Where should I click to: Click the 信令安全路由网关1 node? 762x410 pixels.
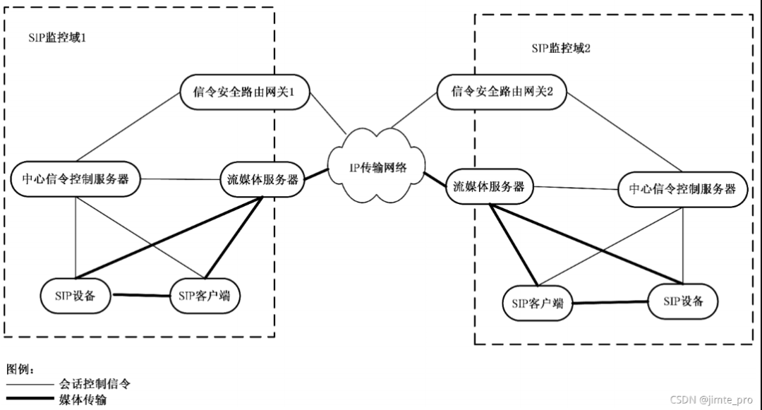(x=244, y=92)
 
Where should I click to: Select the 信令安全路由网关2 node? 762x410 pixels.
(x=502, y=92)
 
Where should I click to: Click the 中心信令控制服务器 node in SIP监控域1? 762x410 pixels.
(x=75, y=179)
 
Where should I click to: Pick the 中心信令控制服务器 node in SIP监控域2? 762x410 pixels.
(x=682, y=189)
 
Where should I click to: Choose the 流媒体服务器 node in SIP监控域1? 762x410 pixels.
(x=262, y=180)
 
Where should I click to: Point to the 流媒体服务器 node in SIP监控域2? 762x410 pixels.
(x=489, y=186)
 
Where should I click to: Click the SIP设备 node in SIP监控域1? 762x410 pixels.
(x=75, y=296)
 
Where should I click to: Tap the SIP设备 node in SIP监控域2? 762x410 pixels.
(x=683, y=301)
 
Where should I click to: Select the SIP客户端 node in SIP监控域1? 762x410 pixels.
(x=205, y=296)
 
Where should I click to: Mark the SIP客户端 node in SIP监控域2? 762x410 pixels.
(x=538, y=303)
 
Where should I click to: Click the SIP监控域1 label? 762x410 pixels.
(x=57, y=38)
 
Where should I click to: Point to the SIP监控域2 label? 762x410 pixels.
(x=561, y=48)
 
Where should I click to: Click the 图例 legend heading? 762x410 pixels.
(x=20, y=369)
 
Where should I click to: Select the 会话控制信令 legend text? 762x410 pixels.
(x=95, y=384)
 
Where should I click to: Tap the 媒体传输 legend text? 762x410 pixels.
(x=83, y=400)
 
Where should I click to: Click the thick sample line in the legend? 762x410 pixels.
(x=30, y=399)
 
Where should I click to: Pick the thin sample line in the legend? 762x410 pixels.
(x=30, y=385)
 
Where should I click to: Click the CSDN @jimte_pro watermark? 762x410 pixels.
(x=711, y=400)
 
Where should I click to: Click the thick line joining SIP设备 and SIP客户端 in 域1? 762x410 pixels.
(x=141, y=296)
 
